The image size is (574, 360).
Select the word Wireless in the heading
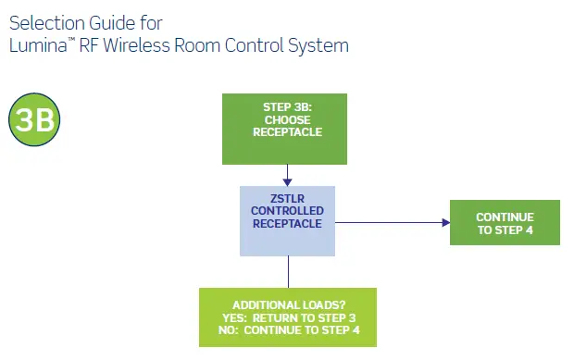coord(148,44)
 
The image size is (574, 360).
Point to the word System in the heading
coord(318,44)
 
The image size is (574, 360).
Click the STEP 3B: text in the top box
coord(287,107)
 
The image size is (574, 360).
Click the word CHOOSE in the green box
coord(287,119)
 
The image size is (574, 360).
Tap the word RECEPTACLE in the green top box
coord(287,132)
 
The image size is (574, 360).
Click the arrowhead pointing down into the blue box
coord(288,180)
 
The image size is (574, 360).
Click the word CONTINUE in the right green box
coord(505,217)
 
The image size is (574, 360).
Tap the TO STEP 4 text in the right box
coord(505,230)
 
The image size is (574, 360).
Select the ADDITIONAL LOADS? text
coord(288,304)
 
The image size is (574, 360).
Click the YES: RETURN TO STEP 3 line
coord(288,317)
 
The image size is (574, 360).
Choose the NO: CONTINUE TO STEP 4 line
coord(288,330)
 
